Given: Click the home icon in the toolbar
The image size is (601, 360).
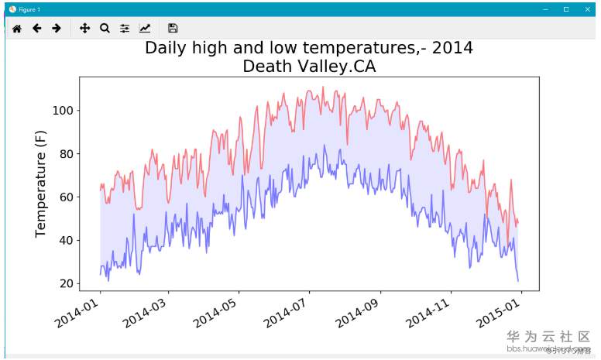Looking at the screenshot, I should click(16, 29).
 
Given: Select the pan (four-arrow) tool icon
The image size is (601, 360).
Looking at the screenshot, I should click(84, 29).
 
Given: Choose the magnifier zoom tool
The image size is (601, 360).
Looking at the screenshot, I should click(105, 29).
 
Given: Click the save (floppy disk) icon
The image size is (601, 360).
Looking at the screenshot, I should click(173, 29).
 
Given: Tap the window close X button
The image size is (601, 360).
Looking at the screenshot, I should click(586, 9).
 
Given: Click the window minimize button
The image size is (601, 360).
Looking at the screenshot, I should click(547, 9).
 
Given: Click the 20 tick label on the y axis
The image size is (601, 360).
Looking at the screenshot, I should click(66, 283).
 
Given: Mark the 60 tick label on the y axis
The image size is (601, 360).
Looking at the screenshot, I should click(66, 197).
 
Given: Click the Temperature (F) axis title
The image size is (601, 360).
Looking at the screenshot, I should click(42, 183).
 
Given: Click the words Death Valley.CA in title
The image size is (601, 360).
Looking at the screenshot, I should click(309, 67).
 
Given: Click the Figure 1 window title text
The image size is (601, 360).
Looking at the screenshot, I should click(30, 9).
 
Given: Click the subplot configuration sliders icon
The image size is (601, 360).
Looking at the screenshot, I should click(125, 29).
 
